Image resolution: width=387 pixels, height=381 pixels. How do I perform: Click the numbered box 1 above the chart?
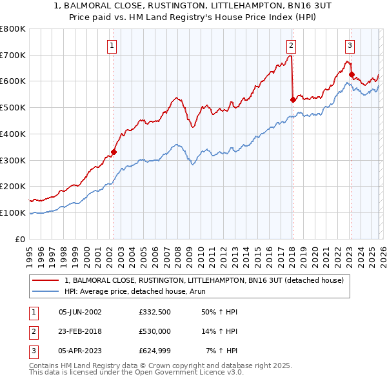[112, 45]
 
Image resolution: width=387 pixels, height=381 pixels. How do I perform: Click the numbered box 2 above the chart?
[292, 45]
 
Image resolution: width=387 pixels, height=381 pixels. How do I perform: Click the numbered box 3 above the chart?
[350, 45]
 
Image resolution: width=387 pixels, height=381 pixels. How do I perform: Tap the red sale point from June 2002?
[114, 152]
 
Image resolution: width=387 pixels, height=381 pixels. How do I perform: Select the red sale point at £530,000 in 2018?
[293, 99]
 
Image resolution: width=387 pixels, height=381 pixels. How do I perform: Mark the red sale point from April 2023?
[352, 74]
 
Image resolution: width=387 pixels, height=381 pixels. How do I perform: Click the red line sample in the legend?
[46, 280]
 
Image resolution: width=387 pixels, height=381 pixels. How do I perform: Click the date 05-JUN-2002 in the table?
[80, 312]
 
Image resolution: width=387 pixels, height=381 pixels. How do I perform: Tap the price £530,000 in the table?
[154, 331]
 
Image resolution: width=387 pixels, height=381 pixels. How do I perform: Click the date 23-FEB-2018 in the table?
[80, 331]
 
